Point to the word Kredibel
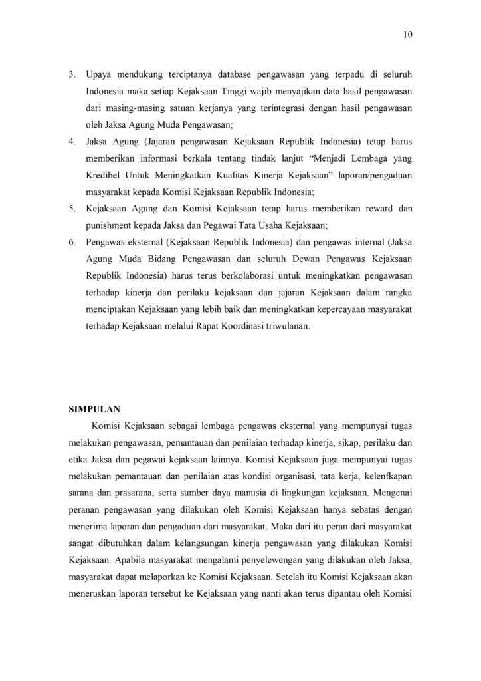[x=104, y=176]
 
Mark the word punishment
[x=109, y=227]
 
